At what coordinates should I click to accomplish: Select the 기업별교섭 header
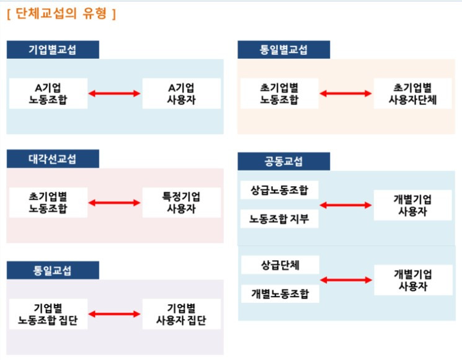tap(53, 50)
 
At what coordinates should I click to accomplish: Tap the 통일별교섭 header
tap(284, 50)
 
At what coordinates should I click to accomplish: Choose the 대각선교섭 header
tap(53, 159)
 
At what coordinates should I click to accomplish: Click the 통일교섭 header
tap(53, 271)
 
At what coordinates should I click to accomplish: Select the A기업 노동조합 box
tap(48, 93)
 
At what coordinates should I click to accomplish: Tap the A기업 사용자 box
tap(181, 93)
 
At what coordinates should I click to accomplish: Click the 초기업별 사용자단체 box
tap(412, 93)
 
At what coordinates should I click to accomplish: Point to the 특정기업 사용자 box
tap(181, 202)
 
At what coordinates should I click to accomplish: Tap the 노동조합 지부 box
tap(280, 218)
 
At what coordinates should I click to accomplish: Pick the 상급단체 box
tap(280, 265)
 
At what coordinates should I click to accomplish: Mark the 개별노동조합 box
tap(280, 294)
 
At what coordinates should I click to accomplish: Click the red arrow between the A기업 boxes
tap(115, 94)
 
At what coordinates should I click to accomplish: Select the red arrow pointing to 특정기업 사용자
tap(115, 202)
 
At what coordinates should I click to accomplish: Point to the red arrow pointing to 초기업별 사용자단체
tap(346, 94)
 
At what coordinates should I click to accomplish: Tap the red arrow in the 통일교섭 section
tap(115, 315)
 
